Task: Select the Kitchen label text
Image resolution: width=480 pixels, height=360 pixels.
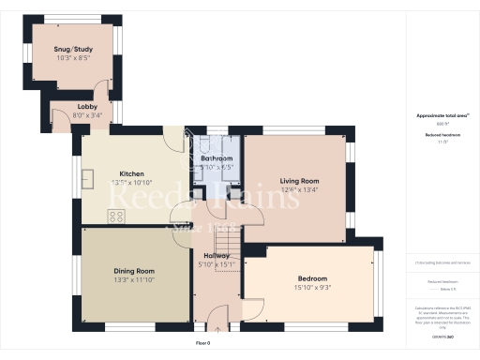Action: point(130,174)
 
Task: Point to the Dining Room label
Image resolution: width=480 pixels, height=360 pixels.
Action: point(133,271)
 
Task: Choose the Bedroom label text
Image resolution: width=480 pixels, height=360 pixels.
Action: point(312,279)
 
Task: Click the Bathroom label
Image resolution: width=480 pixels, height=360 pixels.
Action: point(217,159)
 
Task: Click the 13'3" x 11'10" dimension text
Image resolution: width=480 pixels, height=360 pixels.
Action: point(133,280)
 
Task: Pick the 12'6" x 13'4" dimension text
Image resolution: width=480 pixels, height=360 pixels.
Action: point(300,189)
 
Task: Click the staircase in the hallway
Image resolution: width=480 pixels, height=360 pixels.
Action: point(228,254)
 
